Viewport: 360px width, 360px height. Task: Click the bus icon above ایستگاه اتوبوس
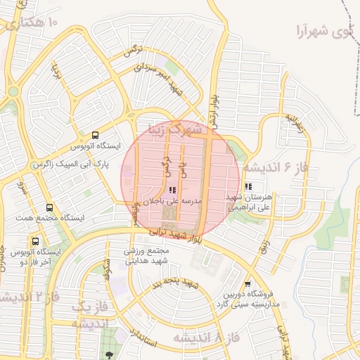[x=96, y=135]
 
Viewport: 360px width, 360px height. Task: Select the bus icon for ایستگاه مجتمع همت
[x=49, y=208]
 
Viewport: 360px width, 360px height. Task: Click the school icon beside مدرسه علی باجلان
[x=173, y=190]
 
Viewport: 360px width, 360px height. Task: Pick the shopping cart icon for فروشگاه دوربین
[x=246, y=283]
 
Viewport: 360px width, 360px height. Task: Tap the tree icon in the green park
[x=108, y=352]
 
